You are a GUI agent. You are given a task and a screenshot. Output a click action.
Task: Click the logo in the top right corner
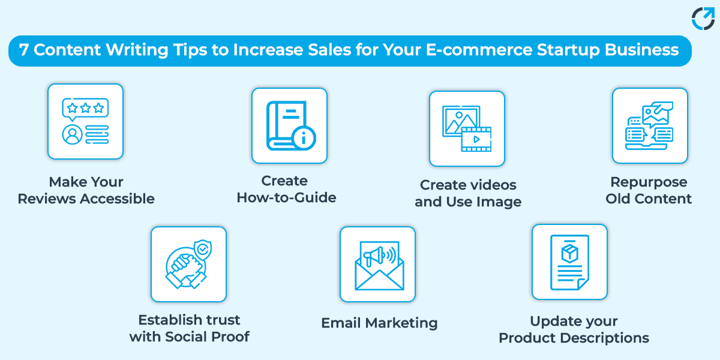tap(703, 18)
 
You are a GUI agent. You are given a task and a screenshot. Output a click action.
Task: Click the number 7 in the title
tap(23, 50)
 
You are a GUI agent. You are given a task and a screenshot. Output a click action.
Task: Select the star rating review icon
tap(85, 121)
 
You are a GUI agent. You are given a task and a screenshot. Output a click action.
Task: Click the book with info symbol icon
tap(289, 125)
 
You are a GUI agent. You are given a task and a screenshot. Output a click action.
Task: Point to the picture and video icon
tap(467, 128)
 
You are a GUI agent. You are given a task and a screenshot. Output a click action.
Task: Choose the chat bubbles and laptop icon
tap(650, 125)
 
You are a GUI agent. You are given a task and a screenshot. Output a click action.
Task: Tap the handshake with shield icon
tap(188, 264)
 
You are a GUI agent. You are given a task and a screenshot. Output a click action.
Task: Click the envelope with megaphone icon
tap(377, 264)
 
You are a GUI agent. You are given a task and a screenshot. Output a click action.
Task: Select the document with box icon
tap(569, 262)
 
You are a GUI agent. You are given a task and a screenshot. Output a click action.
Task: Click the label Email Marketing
tap(379, 323)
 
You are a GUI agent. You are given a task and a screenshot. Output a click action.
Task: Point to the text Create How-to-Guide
tap(286, 189)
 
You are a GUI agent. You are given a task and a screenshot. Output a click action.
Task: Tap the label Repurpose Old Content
tap(649, 190)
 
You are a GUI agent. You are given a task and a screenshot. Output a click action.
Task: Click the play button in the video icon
tap(476, 139)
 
